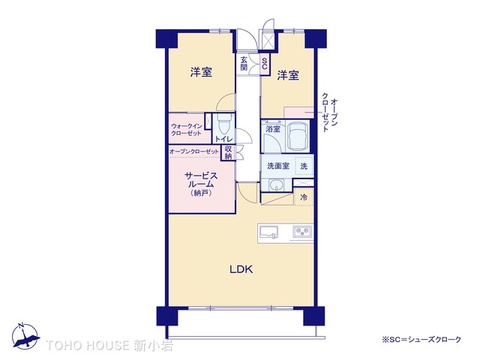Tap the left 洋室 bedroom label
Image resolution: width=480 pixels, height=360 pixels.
(201, 72)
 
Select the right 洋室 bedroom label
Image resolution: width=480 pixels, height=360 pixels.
(289, 75)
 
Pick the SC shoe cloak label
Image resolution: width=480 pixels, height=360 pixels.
(264, 65)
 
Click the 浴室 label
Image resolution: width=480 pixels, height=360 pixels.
(272, 130)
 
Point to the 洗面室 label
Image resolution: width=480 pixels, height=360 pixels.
(277, 165)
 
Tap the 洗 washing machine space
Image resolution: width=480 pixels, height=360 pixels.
(303, 165)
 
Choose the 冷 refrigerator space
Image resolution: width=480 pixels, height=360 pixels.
(303, 198)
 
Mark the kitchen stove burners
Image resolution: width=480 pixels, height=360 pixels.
(301, 234)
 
